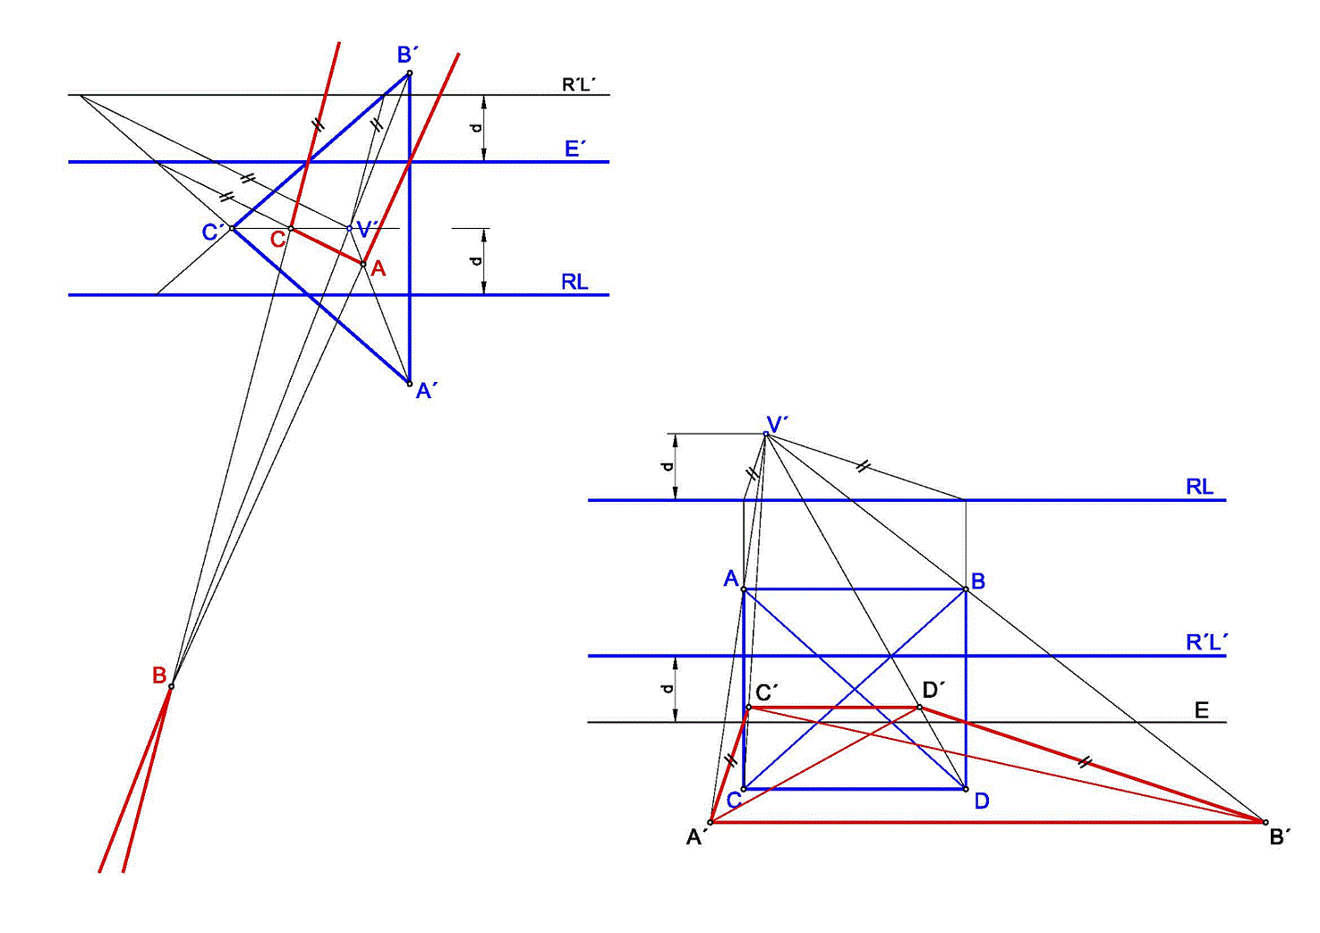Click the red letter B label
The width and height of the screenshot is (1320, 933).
click(x=159, y=675)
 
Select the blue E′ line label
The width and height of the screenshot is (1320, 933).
click(x=575, y=148)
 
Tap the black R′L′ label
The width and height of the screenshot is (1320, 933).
click(x=579, y=85)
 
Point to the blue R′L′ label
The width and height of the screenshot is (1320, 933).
click(x=1207, y=642)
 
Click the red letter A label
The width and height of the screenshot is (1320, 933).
click(x=378, y=268)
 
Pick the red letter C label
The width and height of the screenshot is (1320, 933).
click(x=277, y=239)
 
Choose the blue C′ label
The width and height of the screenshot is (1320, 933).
click(x=213, y=232)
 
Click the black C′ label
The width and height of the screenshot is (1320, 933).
click(x=767, y=692)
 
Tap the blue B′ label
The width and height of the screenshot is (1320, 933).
click(x=408, y=55)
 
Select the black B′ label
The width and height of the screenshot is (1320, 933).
click(x=1280, y=837)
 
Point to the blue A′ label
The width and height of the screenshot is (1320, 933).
click(x=426, y=391)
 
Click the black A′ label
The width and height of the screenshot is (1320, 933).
click(x=697, y=837)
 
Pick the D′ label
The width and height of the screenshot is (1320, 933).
click(x=933, y=690)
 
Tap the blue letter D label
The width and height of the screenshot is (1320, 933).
click(x=982, y=802)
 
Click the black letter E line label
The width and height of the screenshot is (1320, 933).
click(x=1202, y=710)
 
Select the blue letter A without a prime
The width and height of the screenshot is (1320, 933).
click(x=731, y=579)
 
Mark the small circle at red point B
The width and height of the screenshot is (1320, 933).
click(x=172, y=686)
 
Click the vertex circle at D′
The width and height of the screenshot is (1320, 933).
click(x=919, y=707)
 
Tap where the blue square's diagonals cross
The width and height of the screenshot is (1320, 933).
click(x=855, y=689)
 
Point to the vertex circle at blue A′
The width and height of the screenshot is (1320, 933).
click(x=410, y=384)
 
